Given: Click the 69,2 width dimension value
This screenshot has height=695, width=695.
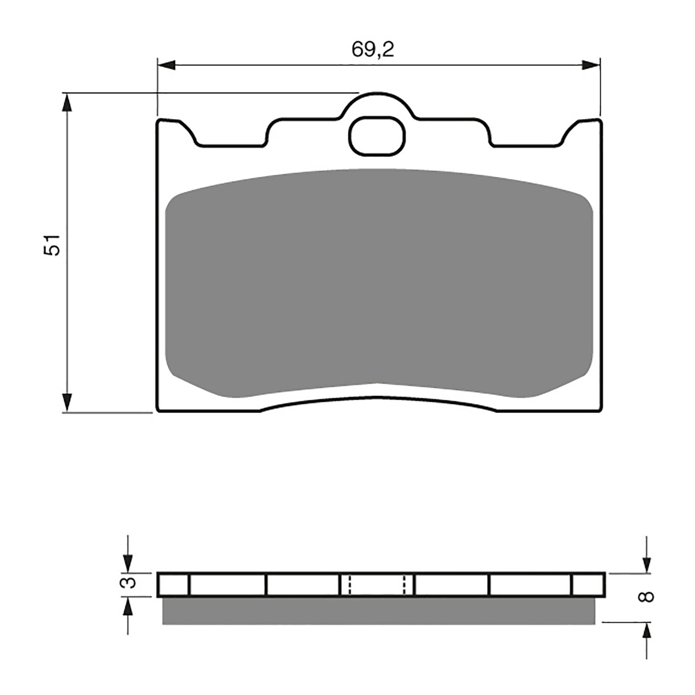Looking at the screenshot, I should [x=373, y=50].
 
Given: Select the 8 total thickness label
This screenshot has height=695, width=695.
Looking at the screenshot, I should [x=646, y=597].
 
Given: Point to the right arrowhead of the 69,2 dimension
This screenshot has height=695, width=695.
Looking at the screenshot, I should [x=591, y=66].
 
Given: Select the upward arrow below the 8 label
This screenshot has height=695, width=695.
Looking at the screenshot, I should [x=647, y=632].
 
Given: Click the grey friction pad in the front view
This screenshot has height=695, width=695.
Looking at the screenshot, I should [x=379, y=282].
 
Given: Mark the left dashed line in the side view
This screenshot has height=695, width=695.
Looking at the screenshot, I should [x=349, y=585].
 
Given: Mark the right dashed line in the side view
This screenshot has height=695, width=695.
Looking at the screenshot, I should [x=405, y=585].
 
